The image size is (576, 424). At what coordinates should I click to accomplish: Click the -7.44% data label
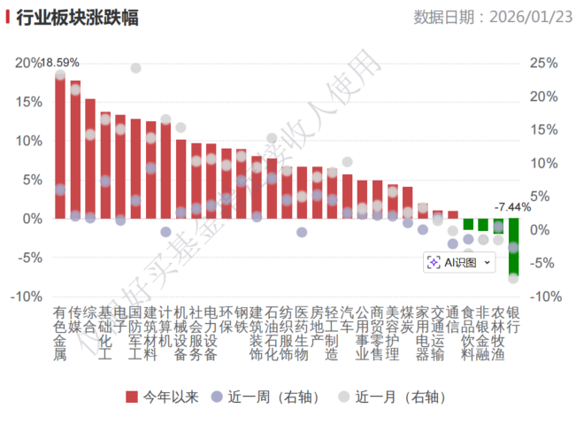(x=512, y=206)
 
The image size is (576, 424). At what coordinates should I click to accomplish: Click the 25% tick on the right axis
(x=541, y=63)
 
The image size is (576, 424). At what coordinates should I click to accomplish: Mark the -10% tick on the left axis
(x=26, y=297)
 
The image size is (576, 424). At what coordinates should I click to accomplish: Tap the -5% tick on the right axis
(x=541, y=263)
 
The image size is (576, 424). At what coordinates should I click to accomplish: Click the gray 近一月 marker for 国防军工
(x=135, y=68)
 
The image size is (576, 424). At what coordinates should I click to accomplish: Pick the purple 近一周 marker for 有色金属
(x=60, y=189)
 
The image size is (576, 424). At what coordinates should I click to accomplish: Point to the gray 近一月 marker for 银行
(x=513, y=278)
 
